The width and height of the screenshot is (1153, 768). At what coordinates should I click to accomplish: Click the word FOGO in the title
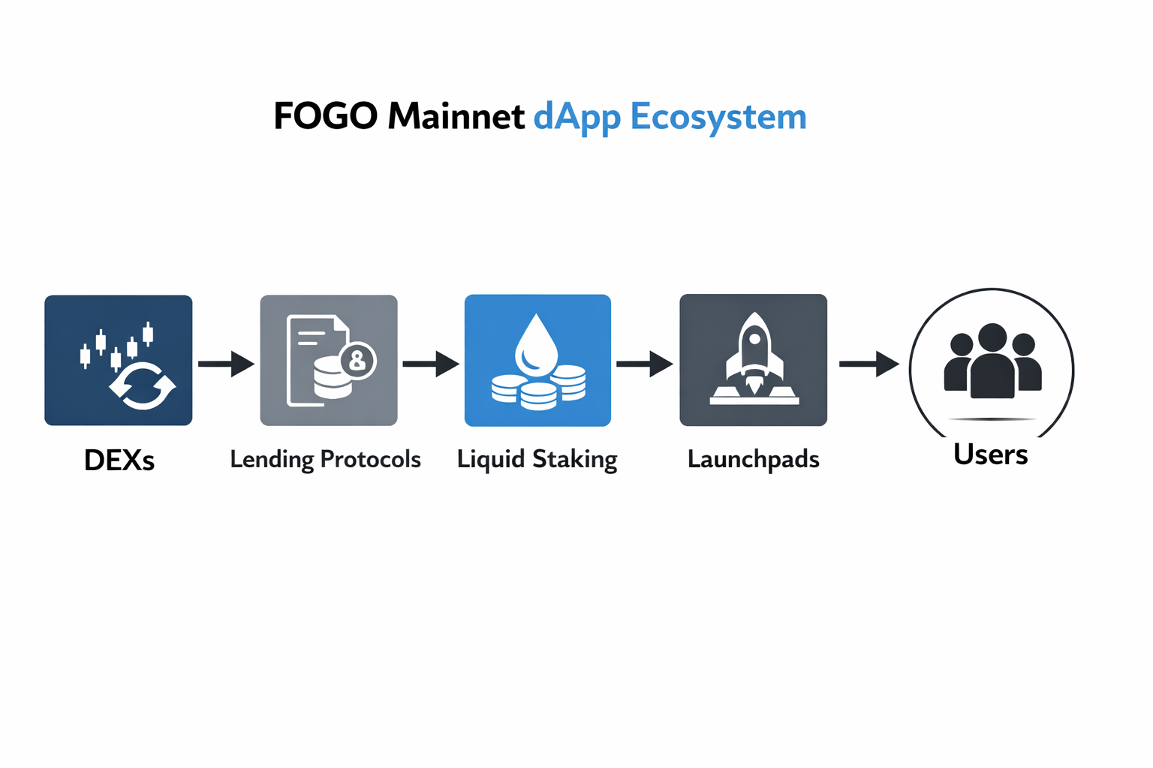pos(325,117)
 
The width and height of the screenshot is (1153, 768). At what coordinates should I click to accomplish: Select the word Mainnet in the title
pos(456,117)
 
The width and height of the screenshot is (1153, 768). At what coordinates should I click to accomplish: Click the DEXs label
pos(119,460)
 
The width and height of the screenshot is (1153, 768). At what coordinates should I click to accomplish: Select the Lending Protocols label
pos(325,459)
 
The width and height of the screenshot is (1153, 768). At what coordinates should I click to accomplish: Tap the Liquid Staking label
pos(537,459)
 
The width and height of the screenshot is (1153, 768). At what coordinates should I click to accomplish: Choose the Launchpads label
pos(753,459)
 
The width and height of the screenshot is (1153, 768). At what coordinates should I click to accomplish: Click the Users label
pos(990,454)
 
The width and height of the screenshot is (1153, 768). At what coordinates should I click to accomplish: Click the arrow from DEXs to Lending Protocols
pos(226,364)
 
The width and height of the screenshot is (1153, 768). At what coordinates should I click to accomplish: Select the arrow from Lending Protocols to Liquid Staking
pos(431,364)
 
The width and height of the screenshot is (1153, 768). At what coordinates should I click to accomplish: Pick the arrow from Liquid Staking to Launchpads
pos(645,364)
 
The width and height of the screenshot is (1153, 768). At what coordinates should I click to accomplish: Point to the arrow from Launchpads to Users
pos(869,364)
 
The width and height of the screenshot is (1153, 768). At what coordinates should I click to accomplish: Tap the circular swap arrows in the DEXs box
pos(143,385)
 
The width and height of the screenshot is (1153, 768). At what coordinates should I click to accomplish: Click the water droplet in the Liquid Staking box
pos(536,345)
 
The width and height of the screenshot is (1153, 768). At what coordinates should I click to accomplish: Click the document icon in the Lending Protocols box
pos(309,352)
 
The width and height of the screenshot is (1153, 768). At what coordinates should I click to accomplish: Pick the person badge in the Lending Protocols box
pos(358,361)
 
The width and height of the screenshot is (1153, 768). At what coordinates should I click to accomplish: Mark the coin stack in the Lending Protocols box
pos(332,379)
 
